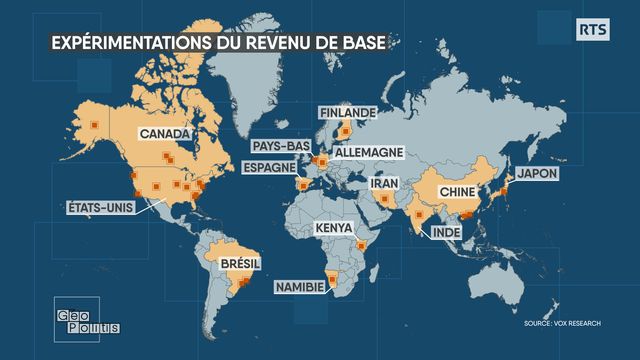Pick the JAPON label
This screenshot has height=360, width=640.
536,173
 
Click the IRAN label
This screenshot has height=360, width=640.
386,184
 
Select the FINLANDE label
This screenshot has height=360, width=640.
345,112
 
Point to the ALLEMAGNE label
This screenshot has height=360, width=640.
370,152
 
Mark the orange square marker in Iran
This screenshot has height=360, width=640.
384,199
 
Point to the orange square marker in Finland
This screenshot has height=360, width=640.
346,129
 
